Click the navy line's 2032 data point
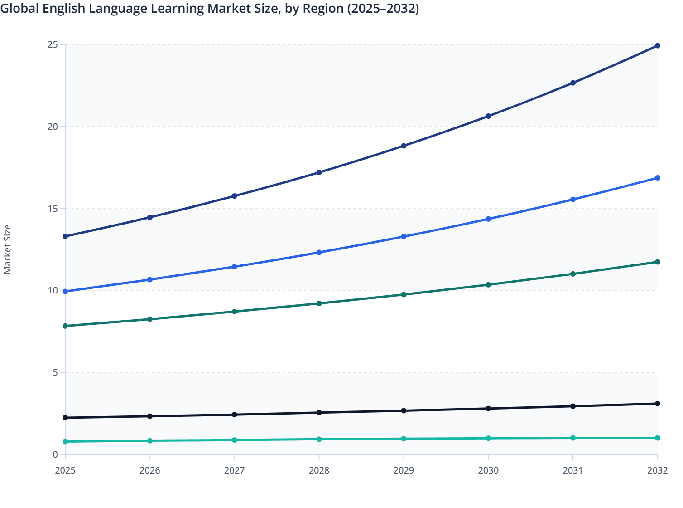(657, 46)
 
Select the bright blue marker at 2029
(404, 237)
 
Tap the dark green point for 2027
(235, 312)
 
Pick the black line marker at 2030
(488, 409)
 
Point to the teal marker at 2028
(319, 439)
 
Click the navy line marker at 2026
(150, 217)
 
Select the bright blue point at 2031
(573, 200)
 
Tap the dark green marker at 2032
(657, 262)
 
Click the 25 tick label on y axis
(53, 44)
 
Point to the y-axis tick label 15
(53, 209)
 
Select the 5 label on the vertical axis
(55, 372)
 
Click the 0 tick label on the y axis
(55, 454)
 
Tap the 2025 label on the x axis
(65, 470)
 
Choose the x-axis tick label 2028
(319, 470)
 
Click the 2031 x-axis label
(573, 470)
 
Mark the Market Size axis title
(7, 249)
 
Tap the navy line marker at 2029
(404, 146)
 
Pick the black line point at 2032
(657, 404)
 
